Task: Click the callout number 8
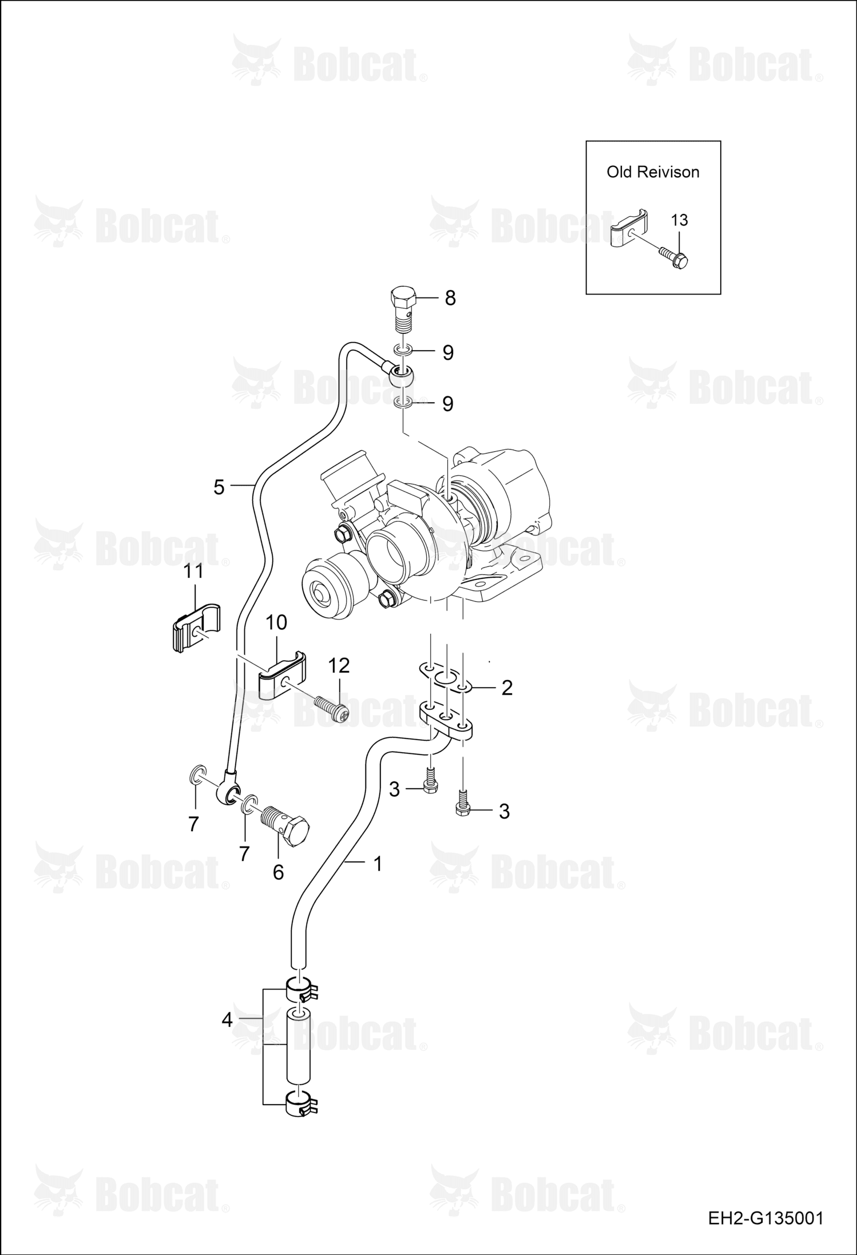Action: [x=450, y=298]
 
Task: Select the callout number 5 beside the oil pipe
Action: [x=219, y=487]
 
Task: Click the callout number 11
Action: [x=193, y=571]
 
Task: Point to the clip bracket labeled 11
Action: [x=196, y=627]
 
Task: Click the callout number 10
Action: [x=276, y=622]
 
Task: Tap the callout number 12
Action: [x=339, y=665]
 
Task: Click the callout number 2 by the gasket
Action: [x=507, y=688]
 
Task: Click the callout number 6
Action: [x=278, y=872]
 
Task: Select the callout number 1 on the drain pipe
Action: [x=377, y=864]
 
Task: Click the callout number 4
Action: [x=227, y=1019]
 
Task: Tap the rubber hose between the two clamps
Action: [x=298, y=1047]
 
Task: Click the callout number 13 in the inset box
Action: [x=679, y=220]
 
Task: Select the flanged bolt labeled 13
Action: [x=673, y=256]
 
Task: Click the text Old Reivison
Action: [x=653, y=172]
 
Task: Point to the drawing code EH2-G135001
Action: [x=765, y=1218]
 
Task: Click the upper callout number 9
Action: [x=448, y=353]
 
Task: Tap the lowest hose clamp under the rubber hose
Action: [x=301, y=1102]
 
